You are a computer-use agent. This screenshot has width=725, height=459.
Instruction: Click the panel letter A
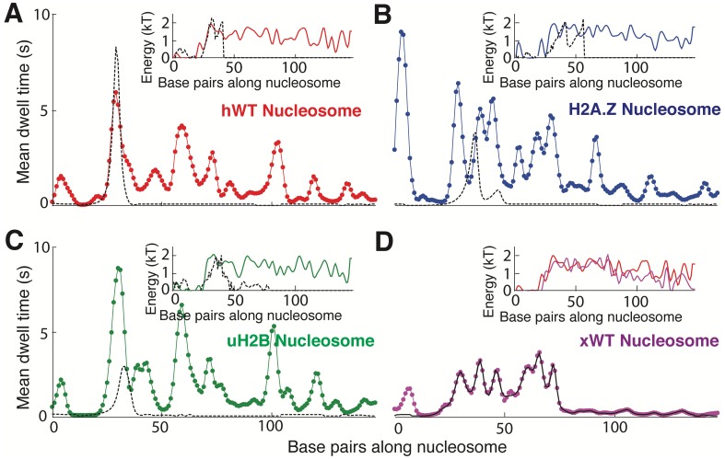click(x=12, y=14)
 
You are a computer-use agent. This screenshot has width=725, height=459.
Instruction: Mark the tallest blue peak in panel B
click(x=402, y=32)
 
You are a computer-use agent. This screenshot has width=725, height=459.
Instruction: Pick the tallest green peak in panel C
click(x=118, y=268)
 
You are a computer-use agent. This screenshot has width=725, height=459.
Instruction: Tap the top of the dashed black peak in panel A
click(x=115, y=46)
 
